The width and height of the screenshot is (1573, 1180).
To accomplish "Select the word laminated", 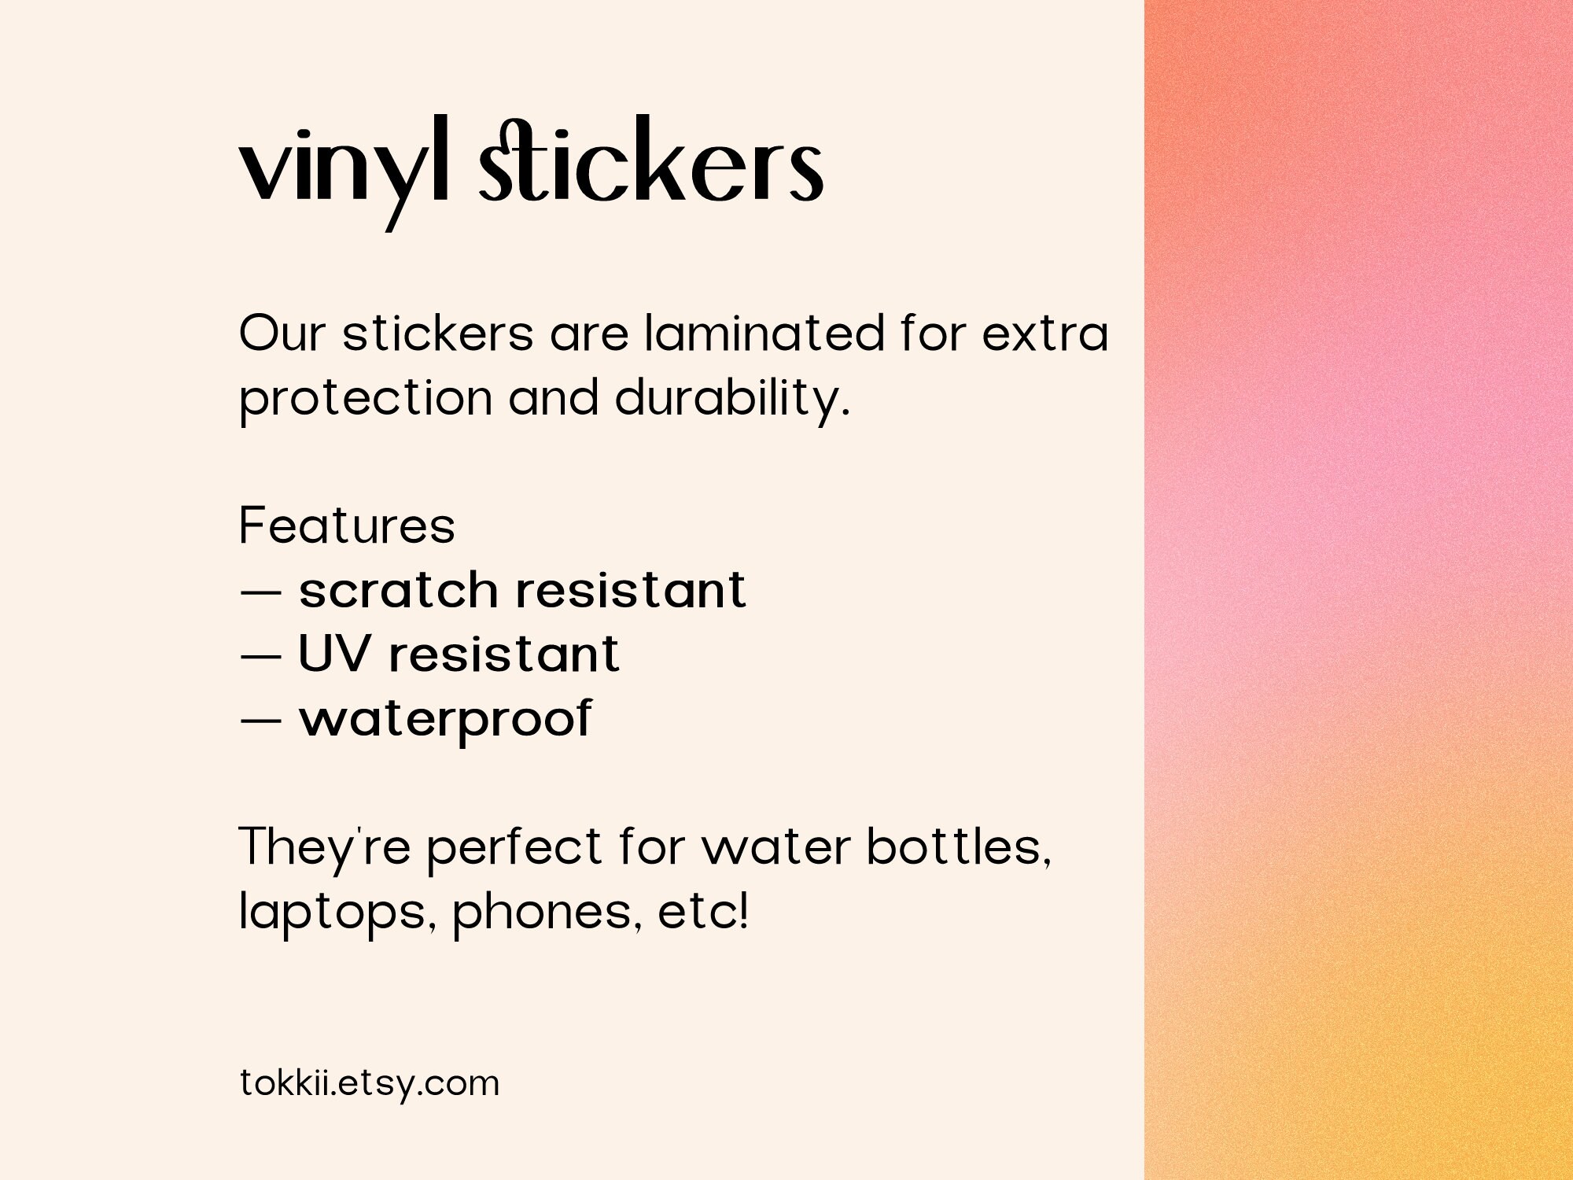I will [764, 334].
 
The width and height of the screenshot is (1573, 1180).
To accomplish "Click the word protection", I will [366, 399].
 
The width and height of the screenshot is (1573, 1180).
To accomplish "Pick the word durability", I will [731, 399].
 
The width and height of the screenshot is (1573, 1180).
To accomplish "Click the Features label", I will [347, 525].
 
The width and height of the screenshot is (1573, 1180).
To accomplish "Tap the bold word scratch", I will [398, 590].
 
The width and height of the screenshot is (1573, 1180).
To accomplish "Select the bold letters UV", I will [333, 654].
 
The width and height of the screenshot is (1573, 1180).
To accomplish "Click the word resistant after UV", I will [504, 655].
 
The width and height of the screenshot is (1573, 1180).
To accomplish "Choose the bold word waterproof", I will [445, 720].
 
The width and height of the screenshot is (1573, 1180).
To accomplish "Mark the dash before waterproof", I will [260, 720].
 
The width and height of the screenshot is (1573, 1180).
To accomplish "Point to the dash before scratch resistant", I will [260, 592].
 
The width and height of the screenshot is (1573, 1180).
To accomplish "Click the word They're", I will [324, 848].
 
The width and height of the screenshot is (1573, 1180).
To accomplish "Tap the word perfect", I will [514, 848].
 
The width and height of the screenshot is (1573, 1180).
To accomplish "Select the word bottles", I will [958, 847].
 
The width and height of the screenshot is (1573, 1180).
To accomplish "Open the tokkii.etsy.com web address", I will [370, 1083].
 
